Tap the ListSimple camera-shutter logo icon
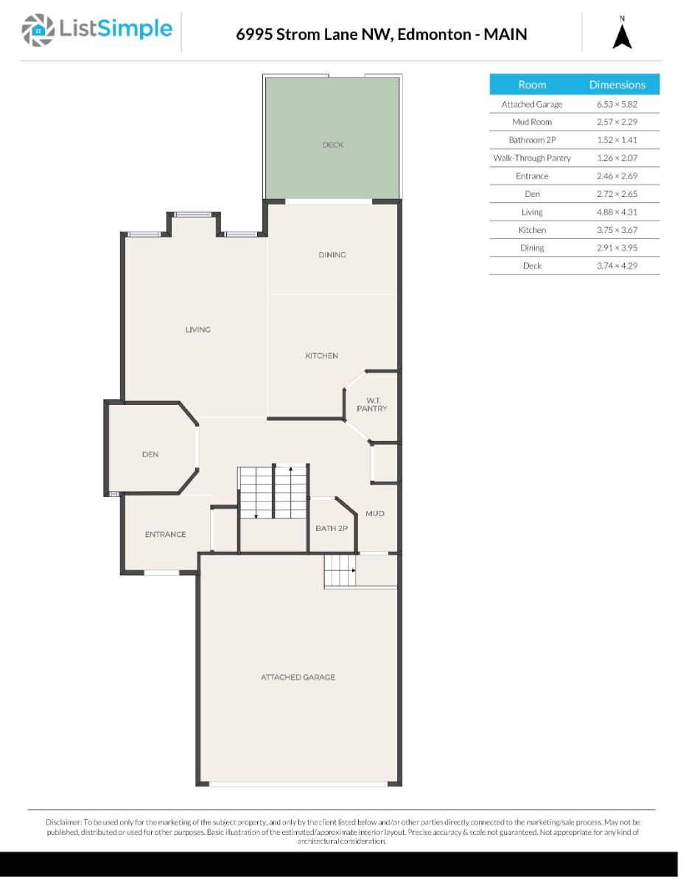38,30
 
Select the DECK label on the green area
333,145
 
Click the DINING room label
332,254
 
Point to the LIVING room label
198,330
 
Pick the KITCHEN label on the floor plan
321,355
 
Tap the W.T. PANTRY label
372,404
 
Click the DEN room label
150,454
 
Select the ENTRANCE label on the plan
165,534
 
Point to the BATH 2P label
332,528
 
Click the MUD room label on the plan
374,513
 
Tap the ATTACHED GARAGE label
298,677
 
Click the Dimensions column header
617,85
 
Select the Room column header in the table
532,85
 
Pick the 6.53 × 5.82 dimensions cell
617,104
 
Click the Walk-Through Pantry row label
532,158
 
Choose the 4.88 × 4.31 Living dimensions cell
617,212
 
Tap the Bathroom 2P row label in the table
532,140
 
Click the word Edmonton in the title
434,34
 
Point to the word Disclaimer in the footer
63,822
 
